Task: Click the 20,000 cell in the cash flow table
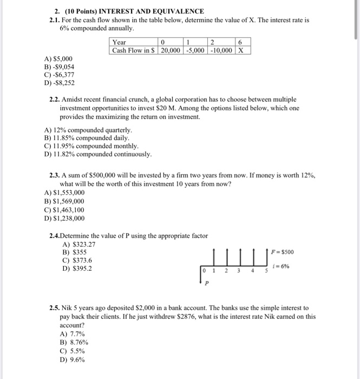pyautogui.click(x=169, y=50)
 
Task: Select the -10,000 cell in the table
pyautogui.click(x=221, y=50)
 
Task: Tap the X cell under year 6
pyautogui.click(x=241, y=50)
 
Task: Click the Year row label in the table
pyautogui.click(x=119, y=42)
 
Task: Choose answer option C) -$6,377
pyautogui.click(x=58, y=75)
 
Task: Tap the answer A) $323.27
pyautogui.click(x=79, y=244)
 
